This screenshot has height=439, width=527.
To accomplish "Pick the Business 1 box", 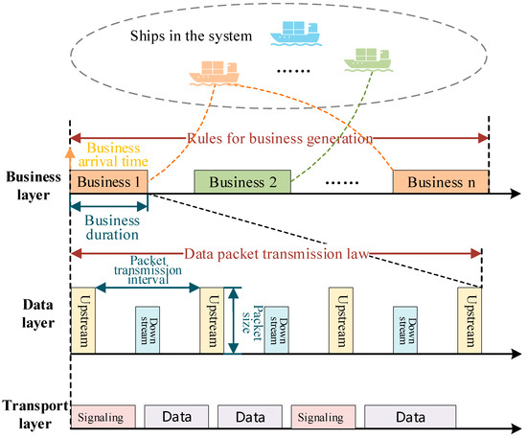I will (x=108, y=182).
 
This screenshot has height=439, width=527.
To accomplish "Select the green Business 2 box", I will (x=243, y=182).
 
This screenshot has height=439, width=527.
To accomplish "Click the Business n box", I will (x=440, y=182).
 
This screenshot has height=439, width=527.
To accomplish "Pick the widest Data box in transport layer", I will (x=410, y=418).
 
